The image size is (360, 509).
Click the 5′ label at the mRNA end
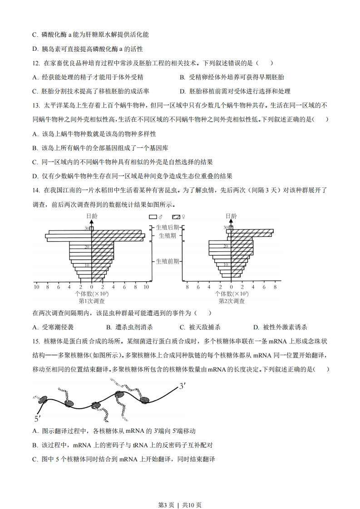(38, 418)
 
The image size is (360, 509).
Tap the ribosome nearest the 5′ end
(43, 400)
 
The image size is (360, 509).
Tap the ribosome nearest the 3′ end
(145, 400)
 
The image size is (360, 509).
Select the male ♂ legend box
(153, 217)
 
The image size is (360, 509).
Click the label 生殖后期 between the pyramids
(167, 227)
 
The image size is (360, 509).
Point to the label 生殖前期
(167, 261)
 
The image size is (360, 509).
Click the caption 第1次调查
(92, 301)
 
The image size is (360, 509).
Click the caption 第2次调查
(232, 301)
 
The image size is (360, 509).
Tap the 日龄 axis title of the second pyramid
(231, 216)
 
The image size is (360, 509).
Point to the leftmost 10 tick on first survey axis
(36, 287)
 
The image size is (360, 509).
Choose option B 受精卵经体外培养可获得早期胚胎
(232, 78)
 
